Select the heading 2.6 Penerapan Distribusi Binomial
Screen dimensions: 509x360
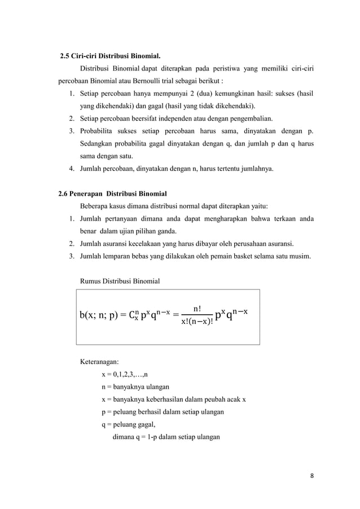pyautogui.click(x=112, y=194)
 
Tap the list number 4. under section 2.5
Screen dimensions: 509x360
pyautogui.click(x=72, y=168)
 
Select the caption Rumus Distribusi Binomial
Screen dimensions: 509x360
pyautogui.click(x=120, y=281)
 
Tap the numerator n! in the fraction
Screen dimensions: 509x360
pyautogui.click(x=198, y=308)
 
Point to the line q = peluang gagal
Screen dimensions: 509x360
pyautogui.click(x=128, y=424)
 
